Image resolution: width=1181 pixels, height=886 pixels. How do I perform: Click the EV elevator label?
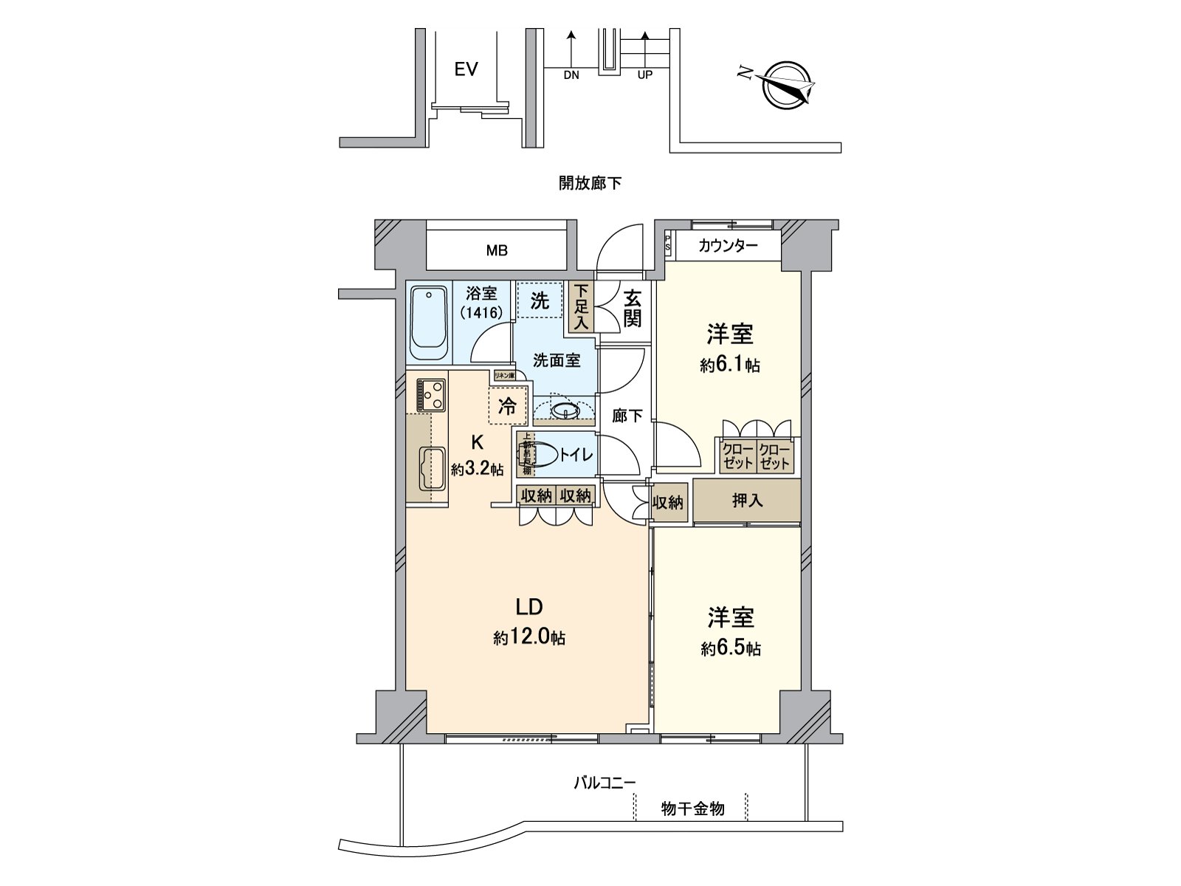tap(466, 69)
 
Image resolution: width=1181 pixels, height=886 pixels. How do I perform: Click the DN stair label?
tap(571, 75)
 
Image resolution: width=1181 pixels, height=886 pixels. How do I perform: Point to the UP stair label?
tap(644, 75)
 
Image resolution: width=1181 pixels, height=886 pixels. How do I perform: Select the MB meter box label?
tap(497, 250)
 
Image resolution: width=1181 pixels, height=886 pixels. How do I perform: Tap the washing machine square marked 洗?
tap(540, 301)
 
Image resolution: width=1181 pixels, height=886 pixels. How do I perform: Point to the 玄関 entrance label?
tap(632, 308)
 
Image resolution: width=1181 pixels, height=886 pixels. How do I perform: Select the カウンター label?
tap(728, 247)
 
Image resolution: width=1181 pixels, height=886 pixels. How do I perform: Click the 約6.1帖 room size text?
tap(730, 365)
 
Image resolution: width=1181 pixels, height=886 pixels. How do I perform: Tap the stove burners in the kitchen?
tap(430, 395)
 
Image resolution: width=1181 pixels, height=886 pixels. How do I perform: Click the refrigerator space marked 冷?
tap(508, 406)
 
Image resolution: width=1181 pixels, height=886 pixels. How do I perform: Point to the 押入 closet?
tap(747, 501)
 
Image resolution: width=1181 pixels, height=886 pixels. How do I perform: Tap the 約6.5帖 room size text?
tap(730, 648)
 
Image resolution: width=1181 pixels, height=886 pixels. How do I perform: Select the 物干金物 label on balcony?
tap(692, 809)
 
